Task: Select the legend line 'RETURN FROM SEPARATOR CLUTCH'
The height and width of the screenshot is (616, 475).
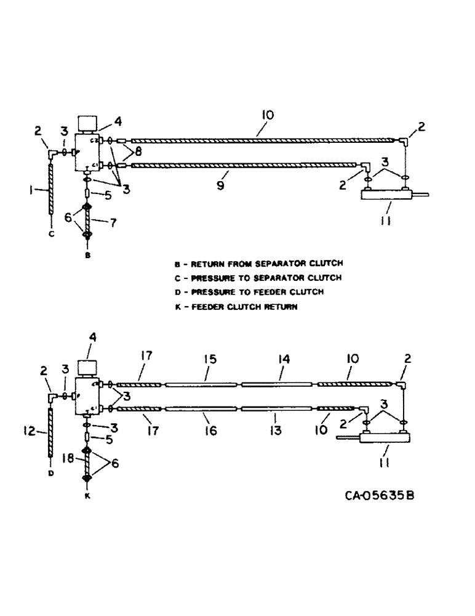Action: pos(258,263)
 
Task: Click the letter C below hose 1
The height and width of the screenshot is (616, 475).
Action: pos(52,233)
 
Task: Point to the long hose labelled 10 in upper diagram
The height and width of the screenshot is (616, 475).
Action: pos(258,139)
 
